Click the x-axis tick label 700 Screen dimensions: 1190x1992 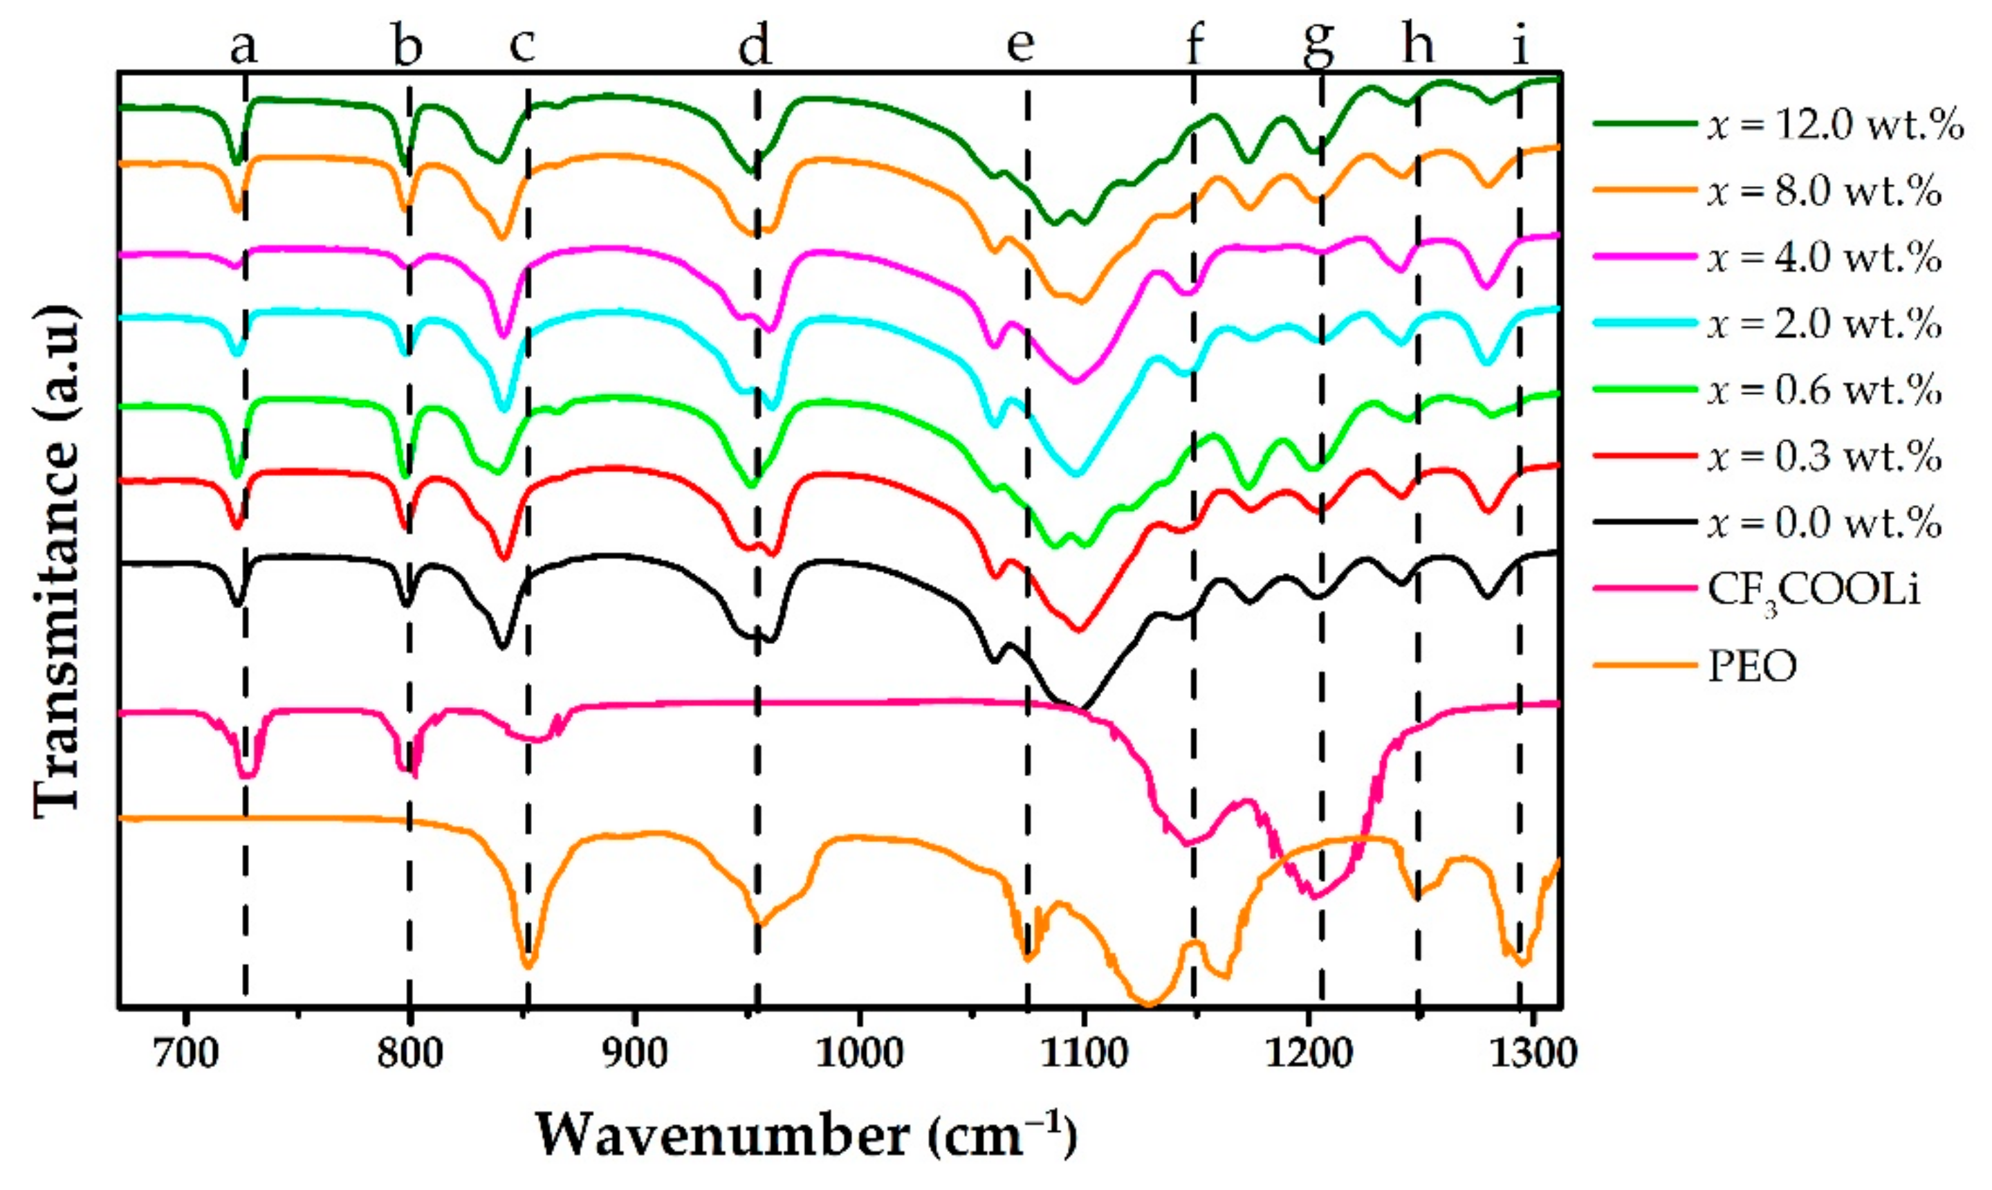186,1053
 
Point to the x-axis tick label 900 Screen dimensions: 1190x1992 635,1053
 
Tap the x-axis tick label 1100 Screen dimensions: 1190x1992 1084,1053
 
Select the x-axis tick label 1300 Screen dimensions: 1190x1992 1533,1053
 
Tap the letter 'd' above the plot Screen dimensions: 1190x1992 755,46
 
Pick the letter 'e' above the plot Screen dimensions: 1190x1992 1020,46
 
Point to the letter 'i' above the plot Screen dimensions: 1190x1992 1521,46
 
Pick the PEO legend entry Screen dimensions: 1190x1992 1752,665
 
